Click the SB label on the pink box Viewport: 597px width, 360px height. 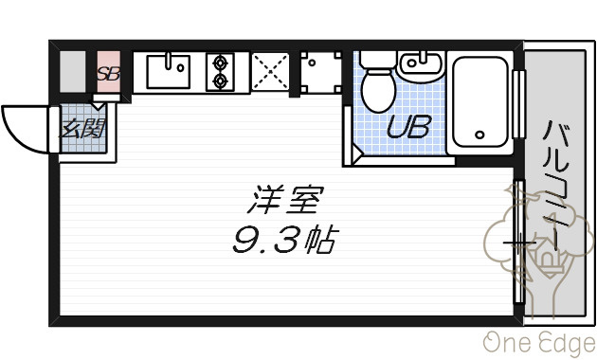(109, 74)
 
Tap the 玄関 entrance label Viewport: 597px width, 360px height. (83, 128)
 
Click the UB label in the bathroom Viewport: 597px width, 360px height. (409, 127)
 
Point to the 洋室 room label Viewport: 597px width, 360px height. (285, 199)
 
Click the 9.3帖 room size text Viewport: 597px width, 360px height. (285, 240)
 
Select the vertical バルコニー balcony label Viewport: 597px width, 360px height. (556, 186)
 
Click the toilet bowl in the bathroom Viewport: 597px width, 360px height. (378, 91)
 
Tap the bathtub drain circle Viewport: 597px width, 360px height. (479, 135)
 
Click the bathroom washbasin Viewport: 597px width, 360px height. (421, 65)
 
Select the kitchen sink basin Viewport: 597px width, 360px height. (169, 72)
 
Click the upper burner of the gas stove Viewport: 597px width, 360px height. (220, 63)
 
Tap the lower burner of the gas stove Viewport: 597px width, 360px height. (220, 81)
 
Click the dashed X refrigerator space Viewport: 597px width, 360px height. (270, 72)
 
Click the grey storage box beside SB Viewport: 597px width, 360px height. (73, 72)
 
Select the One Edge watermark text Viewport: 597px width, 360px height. (539, 343)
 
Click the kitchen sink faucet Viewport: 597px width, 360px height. (168, 61)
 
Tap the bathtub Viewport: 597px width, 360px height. (480, 102)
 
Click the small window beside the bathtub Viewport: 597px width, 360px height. (518, 104)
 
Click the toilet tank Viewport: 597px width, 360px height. (378, 60)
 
